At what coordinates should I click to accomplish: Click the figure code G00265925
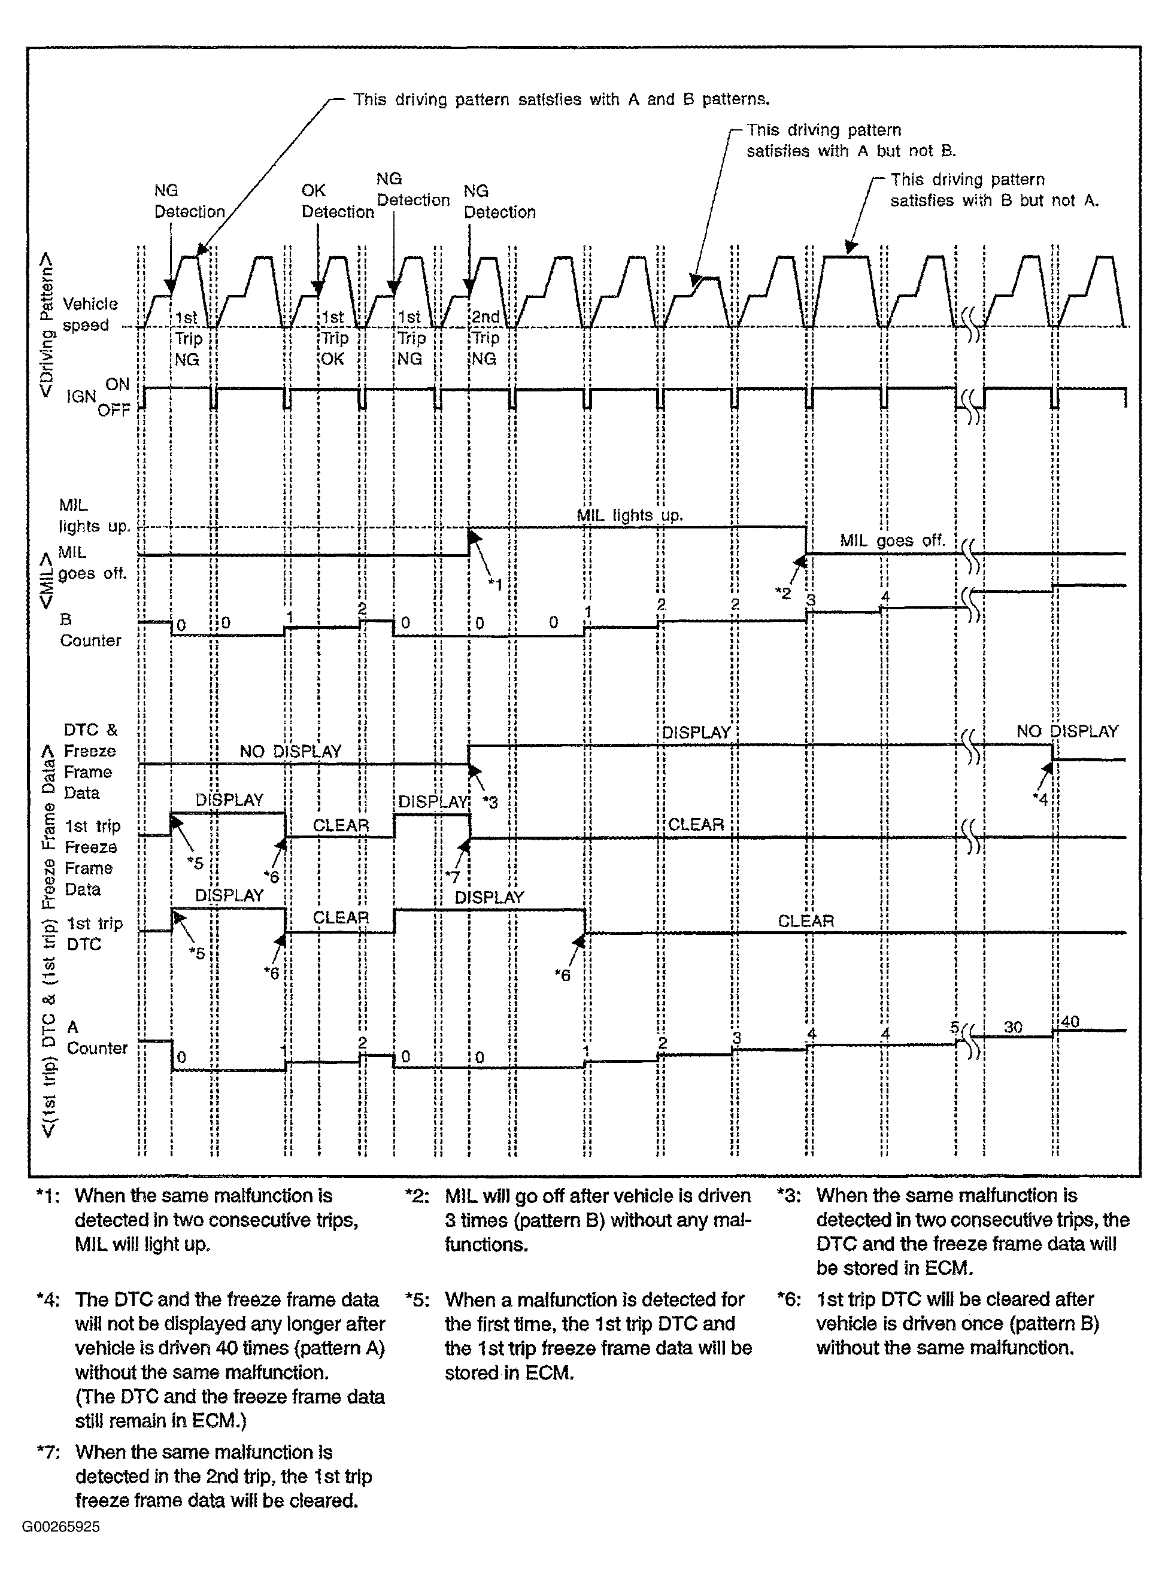(x=60, y=1527)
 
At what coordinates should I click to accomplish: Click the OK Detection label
(x=337, y=201)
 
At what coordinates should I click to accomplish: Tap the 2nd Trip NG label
(x=484, y=338)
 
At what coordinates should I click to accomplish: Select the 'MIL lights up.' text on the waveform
(x=629, y=515)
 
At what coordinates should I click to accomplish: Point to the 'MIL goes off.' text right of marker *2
(x=891, y=540)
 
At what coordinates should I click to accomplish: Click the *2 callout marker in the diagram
(x=783, y=593)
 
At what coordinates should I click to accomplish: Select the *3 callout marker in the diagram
(x=490, y=801)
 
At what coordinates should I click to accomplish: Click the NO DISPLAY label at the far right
(x=1067, y=731)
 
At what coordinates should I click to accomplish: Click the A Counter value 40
(x=1070, y=1022)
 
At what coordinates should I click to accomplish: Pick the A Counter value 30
(x=1013, y=1027)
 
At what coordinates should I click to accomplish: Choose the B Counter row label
(x=90, y=630)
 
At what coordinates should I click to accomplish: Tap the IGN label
(x=80, y=396)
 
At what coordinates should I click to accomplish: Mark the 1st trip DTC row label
(x=94, y=934)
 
